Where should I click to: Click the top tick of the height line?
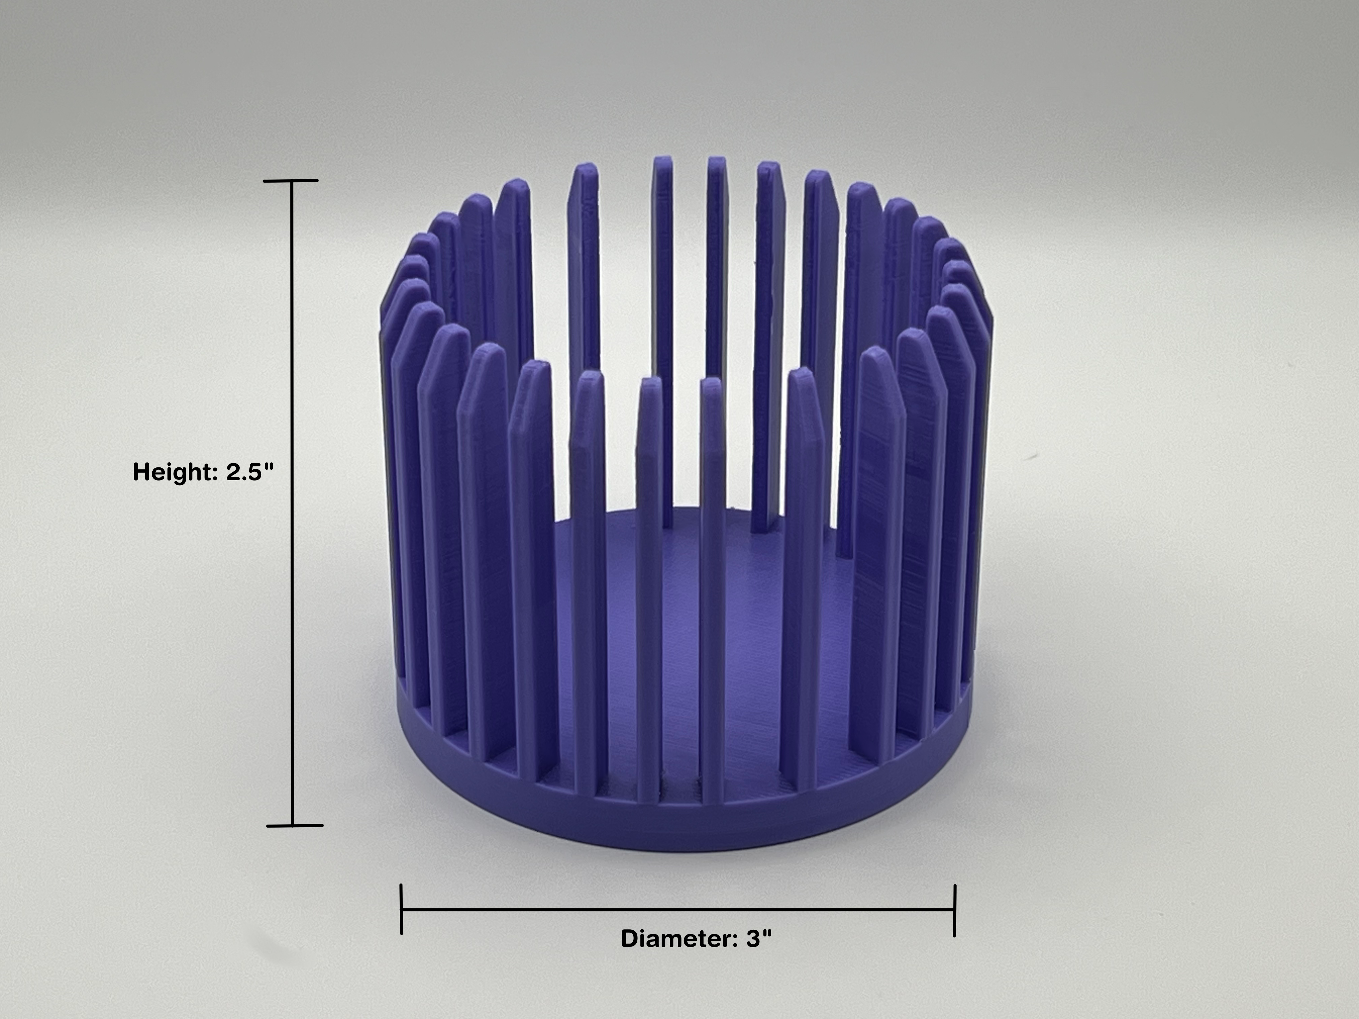291,181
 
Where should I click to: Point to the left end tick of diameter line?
401,909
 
